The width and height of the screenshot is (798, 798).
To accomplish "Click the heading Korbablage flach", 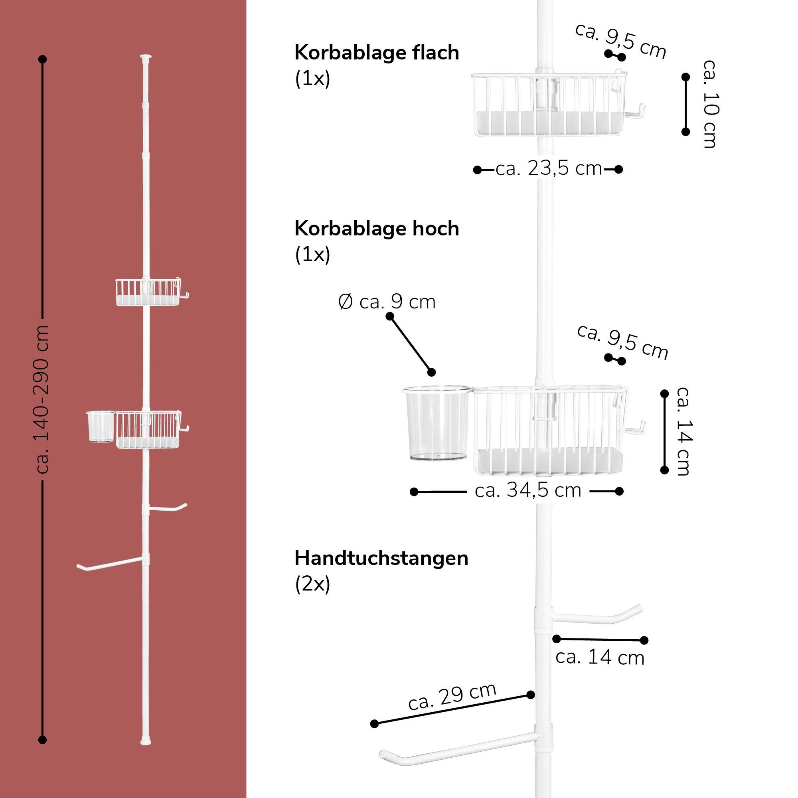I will [x=376, y=53].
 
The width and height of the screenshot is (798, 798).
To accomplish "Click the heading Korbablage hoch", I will [x=376, y=229].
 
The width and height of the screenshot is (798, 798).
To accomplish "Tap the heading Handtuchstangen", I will [x=381, y=559].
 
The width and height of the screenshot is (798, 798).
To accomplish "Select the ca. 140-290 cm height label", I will [x=43, y=399].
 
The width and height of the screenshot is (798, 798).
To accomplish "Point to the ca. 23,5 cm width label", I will [x=549, y=169].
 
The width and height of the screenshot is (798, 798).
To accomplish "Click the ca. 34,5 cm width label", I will [x=528, y=491].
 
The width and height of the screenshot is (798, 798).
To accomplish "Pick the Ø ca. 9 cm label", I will [x=387, y=302].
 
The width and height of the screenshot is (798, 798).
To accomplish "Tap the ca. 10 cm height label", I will [x=710, y=104].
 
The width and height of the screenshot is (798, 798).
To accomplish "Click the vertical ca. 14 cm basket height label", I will [x=683, y=431].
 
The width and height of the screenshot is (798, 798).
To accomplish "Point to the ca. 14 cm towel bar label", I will [x=600, y=658].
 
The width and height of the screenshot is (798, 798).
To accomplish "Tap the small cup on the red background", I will [x=101, y=426].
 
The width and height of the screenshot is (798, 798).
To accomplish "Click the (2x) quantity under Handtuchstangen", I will [x=312, y=584].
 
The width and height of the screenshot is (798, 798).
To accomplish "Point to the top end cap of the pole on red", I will [x=146, y=56].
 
